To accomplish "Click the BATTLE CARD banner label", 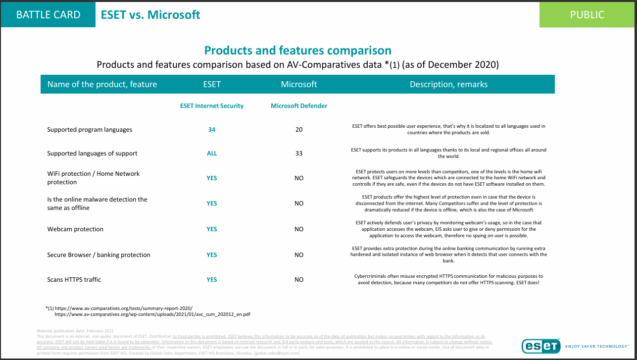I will click(48, 15).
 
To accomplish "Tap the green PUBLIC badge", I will click(587, 15).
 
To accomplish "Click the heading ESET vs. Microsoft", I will click(150, 15).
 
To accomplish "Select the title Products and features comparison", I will click(298, 51).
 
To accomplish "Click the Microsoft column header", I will click(299, 84).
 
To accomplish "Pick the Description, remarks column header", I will click(448, 84).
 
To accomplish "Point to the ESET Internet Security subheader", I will click(212, 105).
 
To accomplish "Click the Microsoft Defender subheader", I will click(299, 105).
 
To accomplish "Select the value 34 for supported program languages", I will click(212, 130).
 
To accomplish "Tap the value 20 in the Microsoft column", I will click(299, 130).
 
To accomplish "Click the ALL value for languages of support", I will click(212, 154).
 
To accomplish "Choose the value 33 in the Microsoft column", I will click(299, 154).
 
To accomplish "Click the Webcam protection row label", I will click(75, 229).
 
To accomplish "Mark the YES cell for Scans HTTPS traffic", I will click(212, 280).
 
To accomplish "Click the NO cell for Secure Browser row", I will click(299, 255).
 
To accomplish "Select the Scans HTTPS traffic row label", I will click(74, 280).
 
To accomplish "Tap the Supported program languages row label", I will click(90, 130).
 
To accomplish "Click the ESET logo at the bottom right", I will click(540, 346).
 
